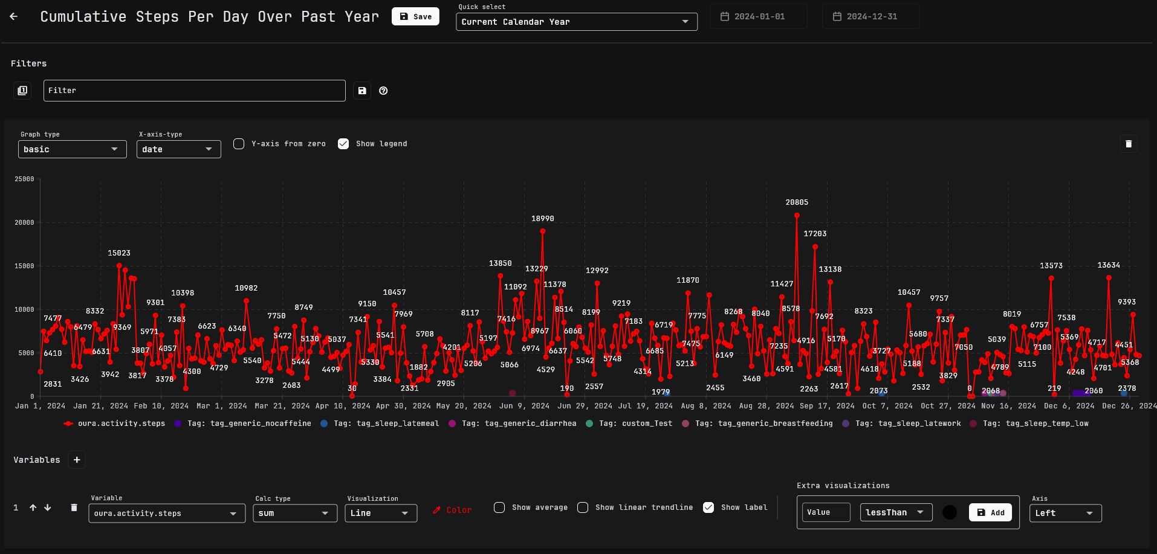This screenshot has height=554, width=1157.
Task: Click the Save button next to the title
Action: (415, 16)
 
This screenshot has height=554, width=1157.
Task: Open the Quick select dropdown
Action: (576, 22)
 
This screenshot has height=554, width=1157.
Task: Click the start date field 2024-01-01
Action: (759, 16)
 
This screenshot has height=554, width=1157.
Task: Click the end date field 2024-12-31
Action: (871, 16)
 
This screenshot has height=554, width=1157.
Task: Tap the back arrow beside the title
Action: (14, 16)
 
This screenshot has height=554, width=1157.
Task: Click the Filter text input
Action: (194, 91)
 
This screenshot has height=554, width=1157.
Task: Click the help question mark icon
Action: (383, 91)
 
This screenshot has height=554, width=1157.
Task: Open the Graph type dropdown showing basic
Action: (72, 149)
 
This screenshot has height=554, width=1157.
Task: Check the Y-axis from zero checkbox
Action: (239, 144)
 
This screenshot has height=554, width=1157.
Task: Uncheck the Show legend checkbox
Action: (343, 144)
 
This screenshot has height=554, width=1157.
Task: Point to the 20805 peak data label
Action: (797, 202)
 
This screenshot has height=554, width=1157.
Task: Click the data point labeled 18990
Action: (543, 231)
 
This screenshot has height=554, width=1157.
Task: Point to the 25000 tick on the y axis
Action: (24, 179)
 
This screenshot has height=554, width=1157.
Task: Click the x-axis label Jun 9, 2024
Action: (524, 406)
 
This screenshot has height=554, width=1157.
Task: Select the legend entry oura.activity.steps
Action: (115, 424)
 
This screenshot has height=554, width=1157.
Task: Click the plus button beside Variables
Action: (77, 460)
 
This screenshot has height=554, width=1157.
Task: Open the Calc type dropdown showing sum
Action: (294, 513)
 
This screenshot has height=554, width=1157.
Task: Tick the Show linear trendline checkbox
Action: (583, 507)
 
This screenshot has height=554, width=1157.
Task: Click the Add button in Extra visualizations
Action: (990, 512)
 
